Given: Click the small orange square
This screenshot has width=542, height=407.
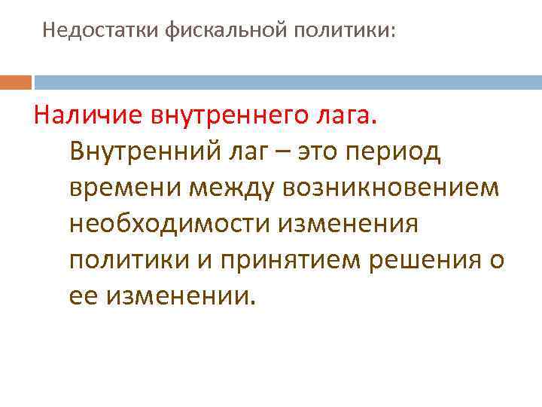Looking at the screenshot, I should click(x=16, y=81).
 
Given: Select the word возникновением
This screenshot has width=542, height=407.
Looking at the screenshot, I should click(x=391, y=189).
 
